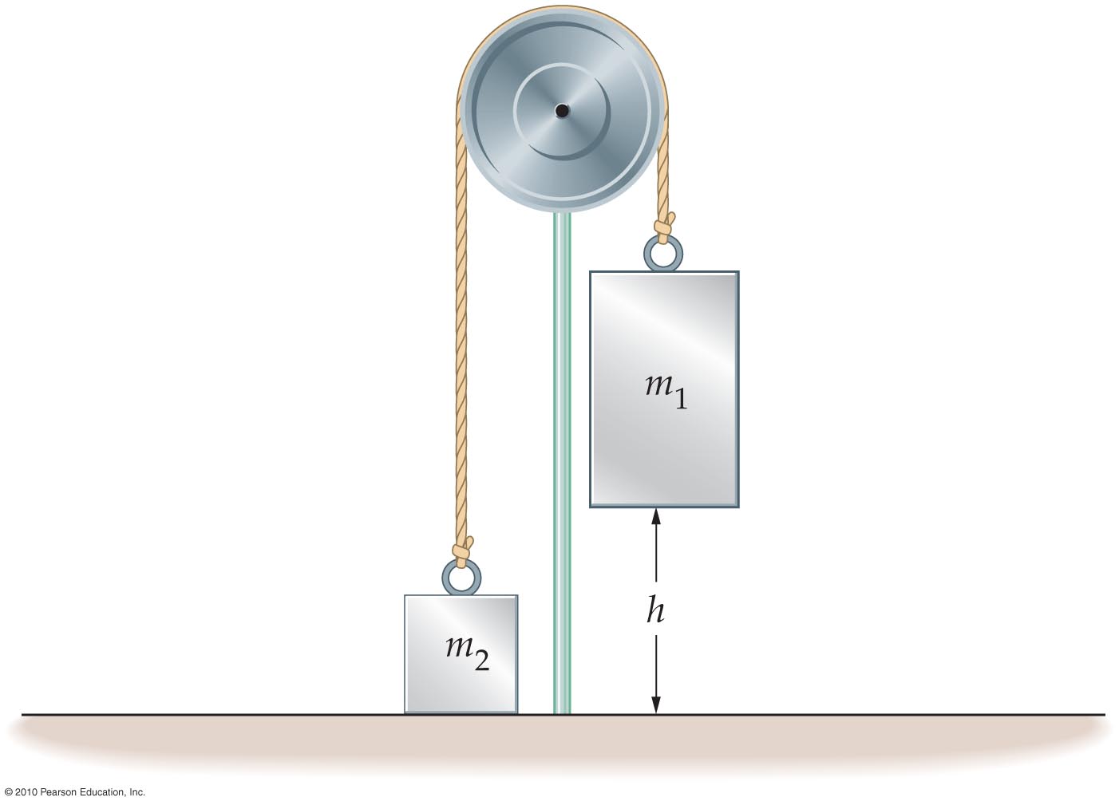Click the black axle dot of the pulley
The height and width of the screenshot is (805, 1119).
tap(562, 111)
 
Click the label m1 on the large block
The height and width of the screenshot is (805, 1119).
tap(666, 392)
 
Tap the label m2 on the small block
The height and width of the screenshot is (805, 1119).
tap(467, 653)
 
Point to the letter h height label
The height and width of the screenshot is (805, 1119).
tap(655, 610)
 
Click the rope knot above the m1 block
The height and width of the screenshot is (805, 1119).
tap(665, 226)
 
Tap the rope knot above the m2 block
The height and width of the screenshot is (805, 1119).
tap(463, 550)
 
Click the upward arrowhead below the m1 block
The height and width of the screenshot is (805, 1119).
tap(656, 517)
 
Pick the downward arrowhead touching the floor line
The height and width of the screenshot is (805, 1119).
tap(656, 704)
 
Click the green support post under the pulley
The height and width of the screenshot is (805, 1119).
tap(562, 463)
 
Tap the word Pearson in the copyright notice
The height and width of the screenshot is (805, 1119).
tap(57, 792)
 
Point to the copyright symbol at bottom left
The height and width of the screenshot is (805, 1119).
tap(8, 792)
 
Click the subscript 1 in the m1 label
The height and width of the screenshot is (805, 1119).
tap(681, 399)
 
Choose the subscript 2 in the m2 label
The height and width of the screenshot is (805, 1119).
tap(482, 660)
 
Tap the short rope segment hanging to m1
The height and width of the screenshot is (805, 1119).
tap(663, 165)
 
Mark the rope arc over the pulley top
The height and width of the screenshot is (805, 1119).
tap(562, 8)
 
